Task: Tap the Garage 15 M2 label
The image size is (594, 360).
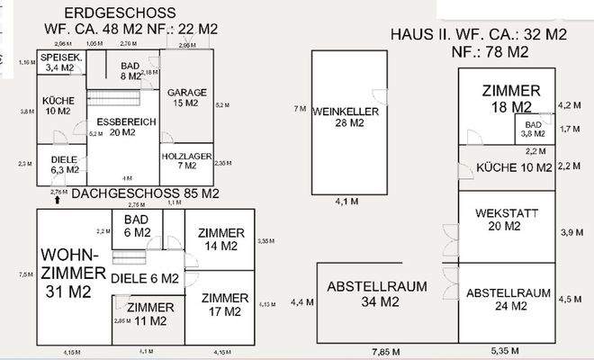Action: point(186,97)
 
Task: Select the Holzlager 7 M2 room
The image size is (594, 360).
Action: point(186,160)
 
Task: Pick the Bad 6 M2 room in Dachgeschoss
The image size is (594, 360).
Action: point(137,225)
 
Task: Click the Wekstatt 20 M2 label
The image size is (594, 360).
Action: point(500,220)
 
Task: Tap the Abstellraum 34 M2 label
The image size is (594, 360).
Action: point(376,294)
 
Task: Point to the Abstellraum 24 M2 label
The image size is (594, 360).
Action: point(508,299)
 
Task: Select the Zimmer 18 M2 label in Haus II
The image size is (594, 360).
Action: point(510,98)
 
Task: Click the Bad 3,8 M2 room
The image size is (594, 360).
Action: point(533,128)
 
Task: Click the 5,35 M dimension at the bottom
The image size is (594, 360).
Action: point(502,348)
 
